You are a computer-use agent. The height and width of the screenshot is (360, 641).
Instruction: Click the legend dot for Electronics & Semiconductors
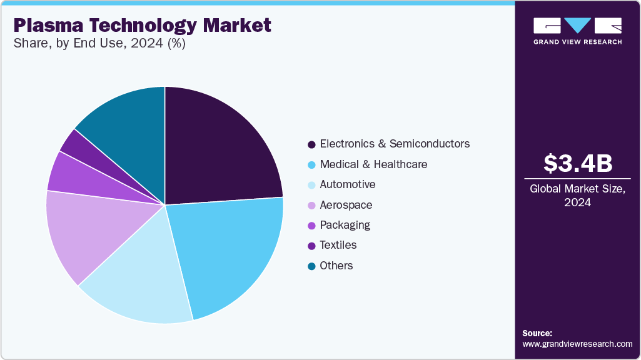pyautogui.click(x=311, y=144)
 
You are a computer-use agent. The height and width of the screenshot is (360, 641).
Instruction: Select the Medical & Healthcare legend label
pyautogui.click(x=373, y=164)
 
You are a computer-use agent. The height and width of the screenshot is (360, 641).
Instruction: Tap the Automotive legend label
pyautogui.click(x=347, y=184)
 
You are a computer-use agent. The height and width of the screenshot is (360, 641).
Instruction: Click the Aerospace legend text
pyautogui.click(x=346, y=205)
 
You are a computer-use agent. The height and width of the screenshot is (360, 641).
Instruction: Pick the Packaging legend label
pyautogui.click(x=345, y=225)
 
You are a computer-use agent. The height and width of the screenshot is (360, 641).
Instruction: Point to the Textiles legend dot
pyautogui.click(x=311, y=246)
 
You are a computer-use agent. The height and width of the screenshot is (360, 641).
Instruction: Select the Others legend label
pyautogui.click(x=336, y=266)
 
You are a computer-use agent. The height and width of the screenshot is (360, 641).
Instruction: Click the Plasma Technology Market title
pyautogui.click(x=143, y=25)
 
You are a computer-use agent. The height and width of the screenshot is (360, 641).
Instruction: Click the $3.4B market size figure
pyautogui.click(x=578, y=163)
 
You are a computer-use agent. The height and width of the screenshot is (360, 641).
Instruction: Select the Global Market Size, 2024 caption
pyautogui.click(x=578, y=195)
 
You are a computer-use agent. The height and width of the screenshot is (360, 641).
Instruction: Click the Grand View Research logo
pyautogui.click(x=578, y=30)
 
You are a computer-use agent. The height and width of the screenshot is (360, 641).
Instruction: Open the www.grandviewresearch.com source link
pyautogui.click(x=577, y=344)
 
